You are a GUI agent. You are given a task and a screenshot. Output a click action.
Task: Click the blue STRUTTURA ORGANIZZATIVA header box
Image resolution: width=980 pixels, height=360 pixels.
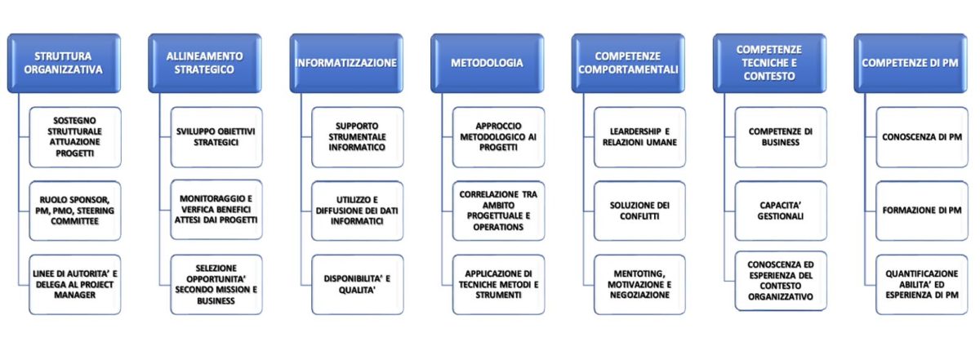pos(64,63)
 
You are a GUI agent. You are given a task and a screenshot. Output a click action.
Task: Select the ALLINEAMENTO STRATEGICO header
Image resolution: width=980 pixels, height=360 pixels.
pos(205,63)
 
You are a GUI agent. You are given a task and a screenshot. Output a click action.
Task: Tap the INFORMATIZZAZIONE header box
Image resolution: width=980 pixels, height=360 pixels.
pos(346,63)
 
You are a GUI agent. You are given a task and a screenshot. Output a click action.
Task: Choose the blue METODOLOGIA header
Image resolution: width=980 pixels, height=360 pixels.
pos(487,63)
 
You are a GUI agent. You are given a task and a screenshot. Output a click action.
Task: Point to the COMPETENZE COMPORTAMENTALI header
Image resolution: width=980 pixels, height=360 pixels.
pos(628,63)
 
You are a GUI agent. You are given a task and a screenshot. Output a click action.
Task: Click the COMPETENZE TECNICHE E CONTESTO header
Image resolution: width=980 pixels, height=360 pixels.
pos(769,63)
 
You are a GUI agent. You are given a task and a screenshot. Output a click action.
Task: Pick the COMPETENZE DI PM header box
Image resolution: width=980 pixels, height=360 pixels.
pos(911,63)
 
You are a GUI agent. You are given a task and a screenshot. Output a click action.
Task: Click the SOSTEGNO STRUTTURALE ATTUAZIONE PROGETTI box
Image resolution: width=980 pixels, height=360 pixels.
pos(75,137)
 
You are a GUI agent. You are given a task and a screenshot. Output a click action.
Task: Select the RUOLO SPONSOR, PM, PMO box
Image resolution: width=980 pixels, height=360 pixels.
pos(75,211)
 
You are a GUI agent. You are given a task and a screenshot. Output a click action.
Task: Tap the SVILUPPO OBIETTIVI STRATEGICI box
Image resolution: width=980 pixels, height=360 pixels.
pos(216,137)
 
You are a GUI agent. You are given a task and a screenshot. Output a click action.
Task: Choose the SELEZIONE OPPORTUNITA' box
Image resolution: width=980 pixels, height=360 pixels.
pos(216,285)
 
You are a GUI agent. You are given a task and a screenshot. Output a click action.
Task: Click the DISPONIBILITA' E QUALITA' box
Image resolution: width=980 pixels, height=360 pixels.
pos(358,285)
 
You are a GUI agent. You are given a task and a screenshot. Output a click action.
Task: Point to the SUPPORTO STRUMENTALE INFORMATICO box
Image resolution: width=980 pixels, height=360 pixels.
pos(358,137)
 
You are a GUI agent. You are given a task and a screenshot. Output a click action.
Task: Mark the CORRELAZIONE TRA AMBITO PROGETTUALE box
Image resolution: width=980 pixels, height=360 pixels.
pos(498,211)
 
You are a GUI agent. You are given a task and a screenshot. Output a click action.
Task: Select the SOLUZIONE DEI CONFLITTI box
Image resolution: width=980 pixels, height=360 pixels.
pos(639,211)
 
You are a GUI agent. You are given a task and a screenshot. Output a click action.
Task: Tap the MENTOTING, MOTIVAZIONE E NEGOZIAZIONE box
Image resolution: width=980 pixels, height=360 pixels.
pos(639,285)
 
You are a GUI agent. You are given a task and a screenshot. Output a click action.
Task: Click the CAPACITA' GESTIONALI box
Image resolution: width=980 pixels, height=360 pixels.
pos(781,211)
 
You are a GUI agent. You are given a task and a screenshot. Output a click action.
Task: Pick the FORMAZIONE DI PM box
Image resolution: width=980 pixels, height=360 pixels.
pos(922,211)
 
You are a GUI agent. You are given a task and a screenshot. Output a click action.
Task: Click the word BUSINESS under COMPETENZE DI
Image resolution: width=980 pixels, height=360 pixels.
pos(781,143)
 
